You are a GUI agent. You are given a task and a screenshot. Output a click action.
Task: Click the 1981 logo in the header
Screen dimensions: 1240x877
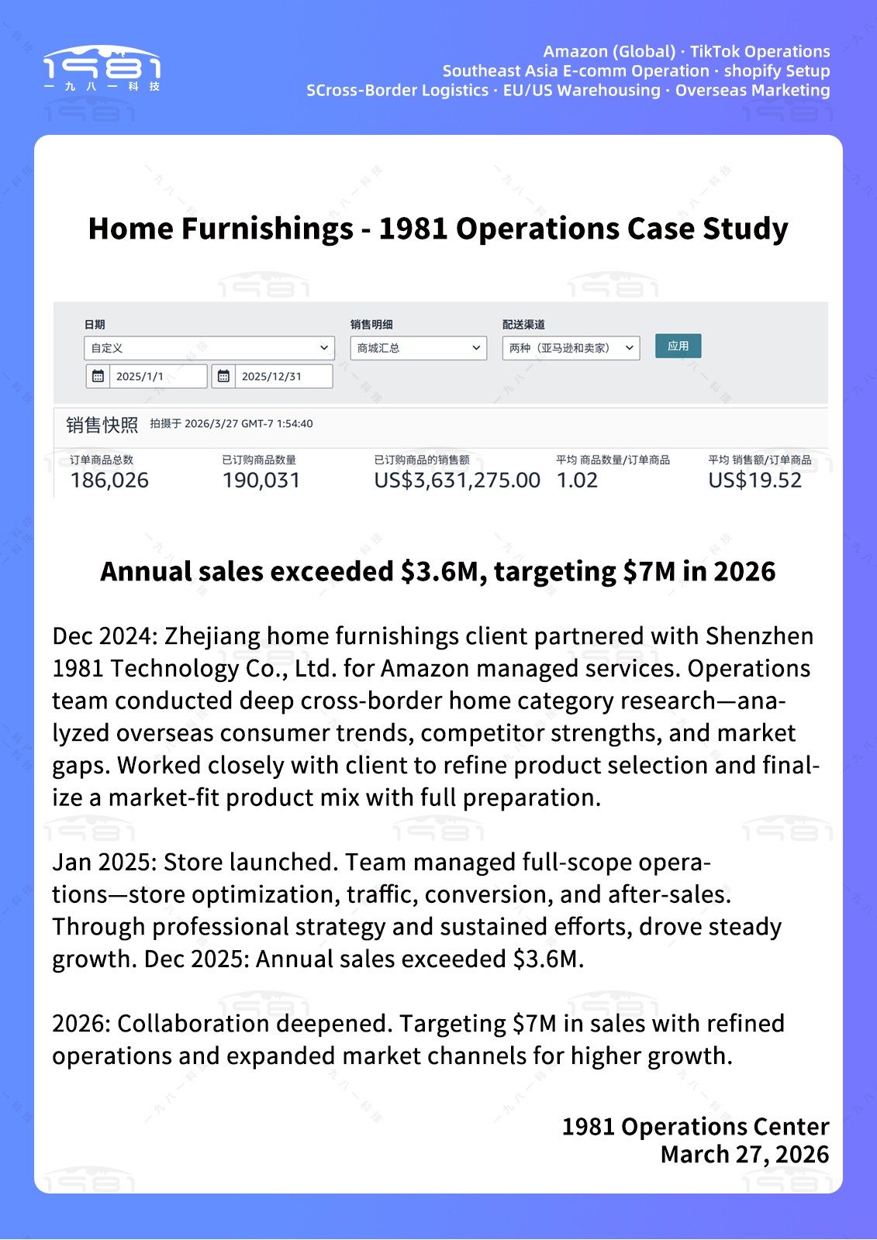pyautogui.click(x=102, y=68)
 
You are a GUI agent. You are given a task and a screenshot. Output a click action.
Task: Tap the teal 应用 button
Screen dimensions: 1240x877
pyautogui.click(x=678, y=346)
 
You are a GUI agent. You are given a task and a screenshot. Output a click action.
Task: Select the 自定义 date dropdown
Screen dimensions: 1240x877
pyautogui.click(x=209, y=348)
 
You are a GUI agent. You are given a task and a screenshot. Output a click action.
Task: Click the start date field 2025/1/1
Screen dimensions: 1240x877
pyautogui.click(x=157, y=377)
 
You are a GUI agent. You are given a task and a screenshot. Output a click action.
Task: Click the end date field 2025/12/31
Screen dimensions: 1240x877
pyautogui.click(x=283, y=377)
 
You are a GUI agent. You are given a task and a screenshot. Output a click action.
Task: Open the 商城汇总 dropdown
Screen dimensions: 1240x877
pyautogui.click(x=418, y=348)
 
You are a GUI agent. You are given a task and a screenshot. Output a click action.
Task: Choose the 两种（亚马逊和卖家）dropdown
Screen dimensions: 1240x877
pyautogui.click(x=571, y=348)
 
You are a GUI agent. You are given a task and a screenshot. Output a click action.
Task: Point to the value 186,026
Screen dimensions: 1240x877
pyautogui.click(x=109, y=480)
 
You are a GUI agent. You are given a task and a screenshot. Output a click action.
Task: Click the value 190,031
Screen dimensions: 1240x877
pyautogui.click(x=261, y=480)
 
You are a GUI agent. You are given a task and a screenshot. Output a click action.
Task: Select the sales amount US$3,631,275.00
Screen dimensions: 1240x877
pyautogui.click(x=457, y=480)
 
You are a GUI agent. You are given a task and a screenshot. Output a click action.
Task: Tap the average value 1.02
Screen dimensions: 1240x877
pyautogui.click(x=577, y=480)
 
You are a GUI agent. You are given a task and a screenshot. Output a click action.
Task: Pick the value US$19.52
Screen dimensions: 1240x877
pyautogui.click(x=754, y=480)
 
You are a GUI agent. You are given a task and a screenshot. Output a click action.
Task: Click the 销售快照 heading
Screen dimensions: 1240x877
pyautogui.click(x=102, y=425)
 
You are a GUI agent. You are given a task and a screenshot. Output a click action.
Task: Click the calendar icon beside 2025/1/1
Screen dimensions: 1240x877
pyautogui.click(x=98, y=377)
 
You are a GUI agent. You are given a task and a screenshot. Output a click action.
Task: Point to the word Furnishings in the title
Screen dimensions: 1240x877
pyautogui.click(x=267, y=229)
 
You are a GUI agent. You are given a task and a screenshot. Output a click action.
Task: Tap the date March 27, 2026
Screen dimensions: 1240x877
pyautogui.click(x=744, y=1155)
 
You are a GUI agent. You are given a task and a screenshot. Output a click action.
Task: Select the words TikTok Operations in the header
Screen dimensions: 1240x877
pyautogui.click(x=760, y=52)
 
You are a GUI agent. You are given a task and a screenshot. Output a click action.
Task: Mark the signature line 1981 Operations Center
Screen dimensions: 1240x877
pyautogui.click(x=695, y=1127)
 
